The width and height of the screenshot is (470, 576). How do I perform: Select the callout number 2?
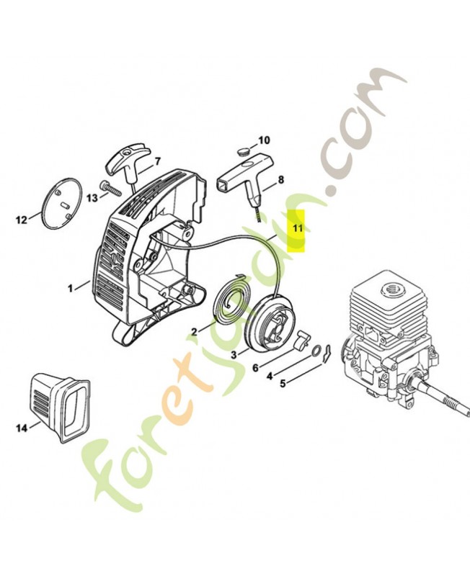(x=194, y=331)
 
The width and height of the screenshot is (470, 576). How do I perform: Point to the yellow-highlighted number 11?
(x=297, y=228)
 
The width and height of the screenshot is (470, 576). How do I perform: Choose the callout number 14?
(x=22, y=428)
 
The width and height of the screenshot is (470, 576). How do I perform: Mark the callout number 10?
(x=263, y=140)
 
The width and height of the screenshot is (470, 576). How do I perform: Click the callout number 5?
(x=283, y=383)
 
